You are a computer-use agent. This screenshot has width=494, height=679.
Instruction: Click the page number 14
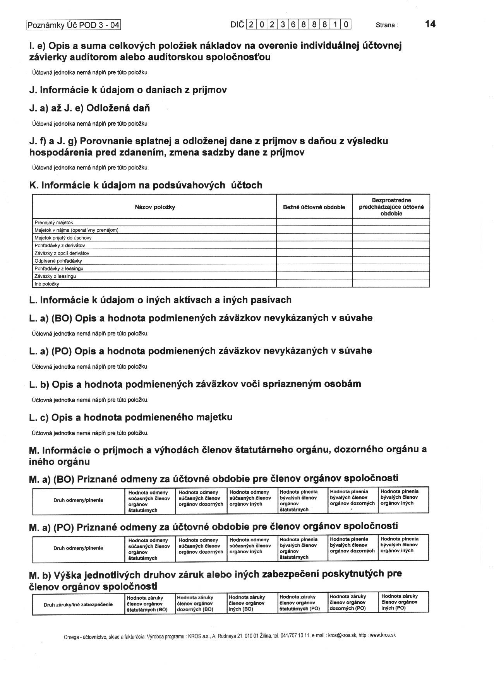coord(430,24)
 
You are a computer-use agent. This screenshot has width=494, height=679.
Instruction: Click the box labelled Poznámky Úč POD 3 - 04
coord(74,25)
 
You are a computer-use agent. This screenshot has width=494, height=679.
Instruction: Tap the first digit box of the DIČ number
coord(251,25)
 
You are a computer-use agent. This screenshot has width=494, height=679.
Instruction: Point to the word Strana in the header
coord(386,25)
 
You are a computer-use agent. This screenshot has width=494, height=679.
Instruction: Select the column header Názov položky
coord(155,207)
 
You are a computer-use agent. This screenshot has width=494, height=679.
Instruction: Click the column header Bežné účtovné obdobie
coord(314,207)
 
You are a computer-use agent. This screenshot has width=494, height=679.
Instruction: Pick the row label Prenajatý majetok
coord(54,222)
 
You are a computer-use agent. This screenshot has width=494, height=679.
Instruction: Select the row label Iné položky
coord(47,284)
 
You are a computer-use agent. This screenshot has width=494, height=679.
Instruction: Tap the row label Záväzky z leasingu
coord(55,276)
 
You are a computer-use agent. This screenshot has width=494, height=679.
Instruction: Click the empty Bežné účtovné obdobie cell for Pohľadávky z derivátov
coord(314,245)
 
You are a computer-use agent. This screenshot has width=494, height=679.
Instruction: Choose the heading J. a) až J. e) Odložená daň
coord(89,108)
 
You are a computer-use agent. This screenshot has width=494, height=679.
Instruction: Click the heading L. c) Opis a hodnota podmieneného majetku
coord(131,417)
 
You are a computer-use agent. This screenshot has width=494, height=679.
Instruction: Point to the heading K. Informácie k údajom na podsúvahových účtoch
coord(146,185)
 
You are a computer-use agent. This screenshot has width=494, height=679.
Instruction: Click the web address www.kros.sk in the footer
coord(383,635)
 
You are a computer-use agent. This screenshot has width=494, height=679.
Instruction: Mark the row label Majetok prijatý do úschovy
coord(63,238)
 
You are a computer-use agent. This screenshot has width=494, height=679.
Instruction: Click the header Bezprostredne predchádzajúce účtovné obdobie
coord(391,207)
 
